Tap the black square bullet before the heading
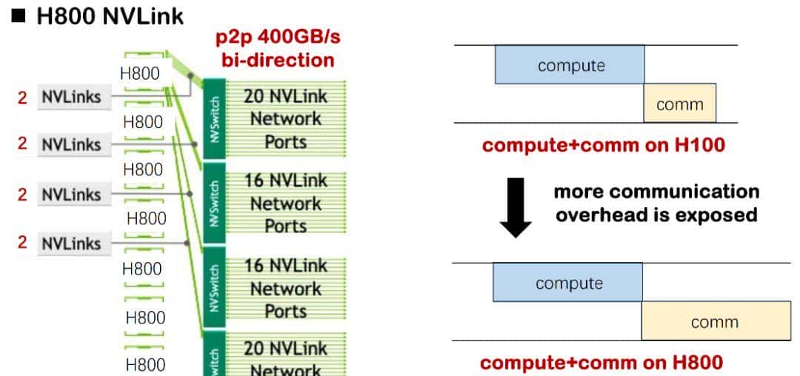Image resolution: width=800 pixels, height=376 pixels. (x=19, y=16)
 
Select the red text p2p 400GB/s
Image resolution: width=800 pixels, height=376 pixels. (x=278, y=37)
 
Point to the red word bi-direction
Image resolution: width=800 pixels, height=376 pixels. (x=278, y=59)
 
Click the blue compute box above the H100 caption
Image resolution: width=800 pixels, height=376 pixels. (x=570, y=65)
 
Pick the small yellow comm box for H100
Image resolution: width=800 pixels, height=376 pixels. (x=679, y=104)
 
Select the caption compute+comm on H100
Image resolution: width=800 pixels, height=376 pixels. (x=603, y=144)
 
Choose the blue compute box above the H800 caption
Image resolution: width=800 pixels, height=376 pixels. (x=568, y=283)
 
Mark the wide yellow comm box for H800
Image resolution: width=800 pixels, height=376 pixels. (x=715, y=321)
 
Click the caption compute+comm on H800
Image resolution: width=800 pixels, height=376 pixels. (x=601, y=363)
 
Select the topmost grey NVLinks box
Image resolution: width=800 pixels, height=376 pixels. (x=71, y=96)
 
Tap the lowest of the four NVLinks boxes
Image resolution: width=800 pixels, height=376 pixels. (x=71, y=243)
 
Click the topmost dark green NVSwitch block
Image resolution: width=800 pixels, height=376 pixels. (x=213, y=117)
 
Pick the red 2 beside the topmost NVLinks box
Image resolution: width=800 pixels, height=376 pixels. (x=22, y=96)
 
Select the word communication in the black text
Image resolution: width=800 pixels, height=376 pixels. (x=656, y=192)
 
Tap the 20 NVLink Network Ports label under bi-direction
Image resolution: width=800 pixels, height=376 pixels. (x=285, y=118)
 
